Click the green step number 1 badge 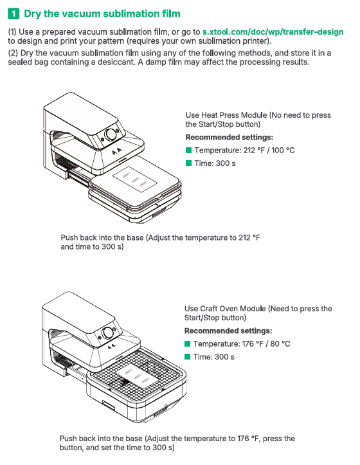pos(14,14)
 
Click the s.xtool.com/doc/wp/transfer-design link pos(273,32)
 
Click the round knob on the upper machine pos(111,134)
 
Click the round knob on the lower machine pos(107,333)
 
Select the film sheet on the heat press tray pos(135,179)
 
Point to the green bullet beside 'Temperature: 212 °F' pos(188,150)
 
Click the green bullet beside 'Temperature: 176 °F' pos(187,343)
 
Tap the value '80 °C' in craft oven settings pos(280,343)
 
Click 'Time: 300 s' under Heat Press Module pos(215,163)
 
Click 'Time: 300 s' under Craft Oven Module pos(214,357)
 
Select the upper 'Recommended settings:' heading pos(230,137)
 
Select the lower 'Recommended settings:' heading pos(228,331)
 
